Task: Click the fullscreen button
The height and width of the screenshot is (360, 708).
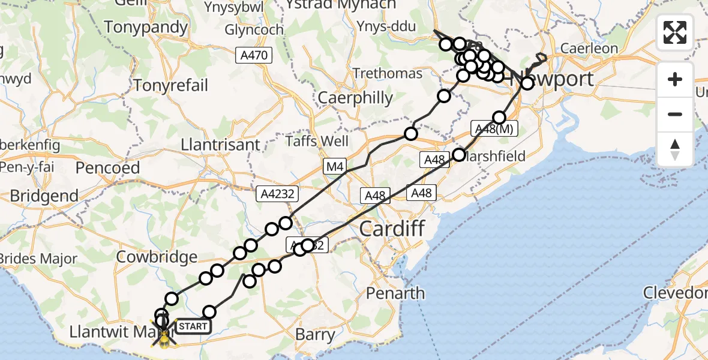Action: (x=675, y=32)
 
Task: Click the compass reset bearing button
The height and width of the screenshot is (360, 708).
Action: (x=675, y=149)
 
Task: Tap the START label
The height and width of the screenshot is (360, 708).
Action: (x=193, y=326)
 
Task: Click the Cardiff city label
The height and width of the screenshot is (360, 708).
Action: (x=392, y=229)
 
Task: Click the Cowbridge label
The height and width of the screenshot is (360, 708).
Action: (x=157, y=257)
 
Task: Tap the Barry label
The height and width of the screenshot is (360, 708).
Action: (x=316, y=334)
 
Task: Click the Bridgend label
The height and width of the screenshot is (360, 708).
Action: (x=44, y=196)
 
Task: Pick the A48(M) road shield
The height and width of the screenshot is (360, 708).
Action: (x=494, y=129)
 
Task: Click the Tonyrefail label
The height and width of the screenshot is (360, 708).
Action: (x=171, y=85)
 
